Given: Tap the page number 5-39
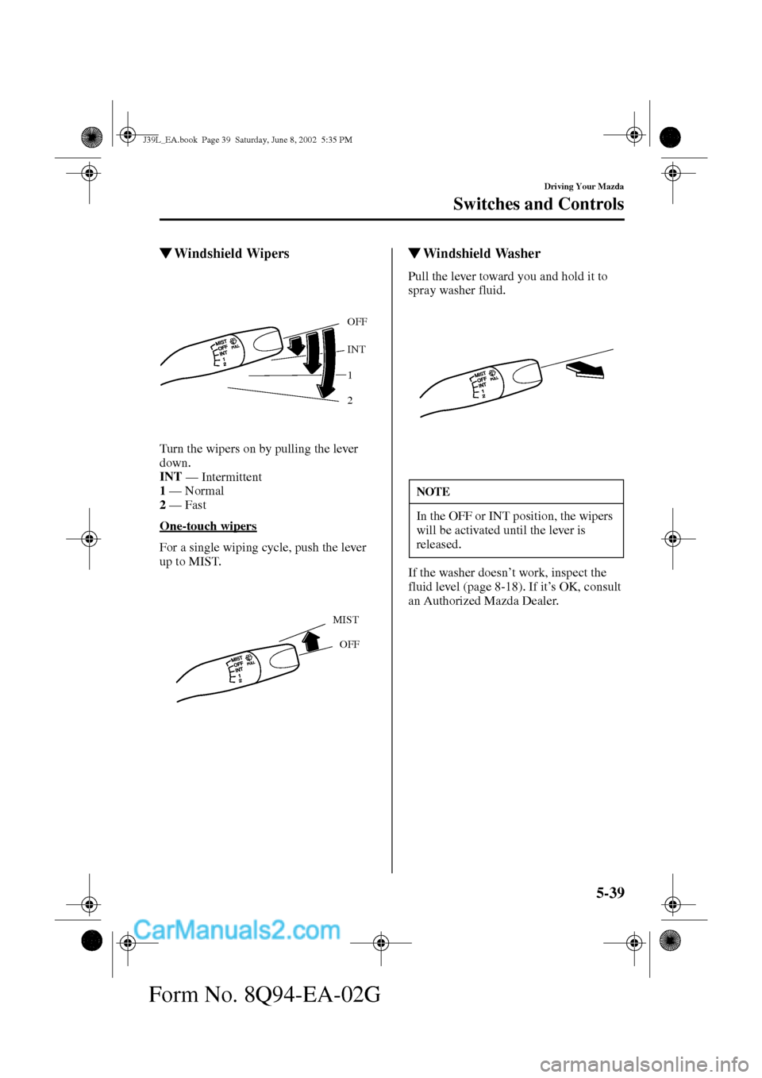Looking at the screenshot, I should (610, 893).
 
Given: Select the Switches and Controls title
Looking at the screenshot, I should (538, 204).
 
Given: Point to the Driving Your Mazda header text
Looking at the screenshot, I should (583, 187).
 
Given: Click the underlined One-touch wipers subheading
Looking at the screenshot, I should (208, 526).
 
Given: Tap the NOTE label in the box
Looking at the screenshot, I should (433, 492).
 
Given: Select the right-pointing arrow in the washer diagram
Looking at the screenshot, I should (585, 368).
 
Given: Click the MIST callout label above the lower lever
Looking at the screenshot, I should (345, 620).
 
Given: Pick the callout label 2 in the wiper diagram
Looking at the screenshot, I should (349, 401).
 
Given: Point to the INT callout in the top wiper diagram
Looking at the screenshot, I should (356, 349).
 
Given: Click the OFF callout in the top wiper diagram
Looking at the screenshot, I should (357, 322).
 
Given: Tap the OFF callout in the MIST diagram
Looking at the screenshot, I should (349, 645).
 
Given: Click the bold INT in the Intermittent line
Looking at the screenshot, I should (171, 477).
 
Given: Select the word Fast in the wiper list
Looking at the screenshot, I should (195, 505).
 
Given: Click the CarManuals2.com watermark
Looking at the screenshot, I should (237, 930).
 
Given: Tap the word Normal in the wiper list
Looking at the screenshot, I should (204, 491).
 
